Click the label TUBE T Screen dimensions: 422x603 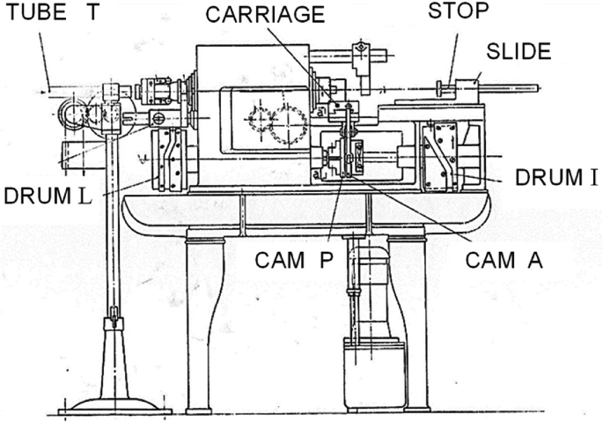tap(47, 13)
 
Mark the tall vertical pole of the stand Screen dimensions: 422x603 tap(114, 220)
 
